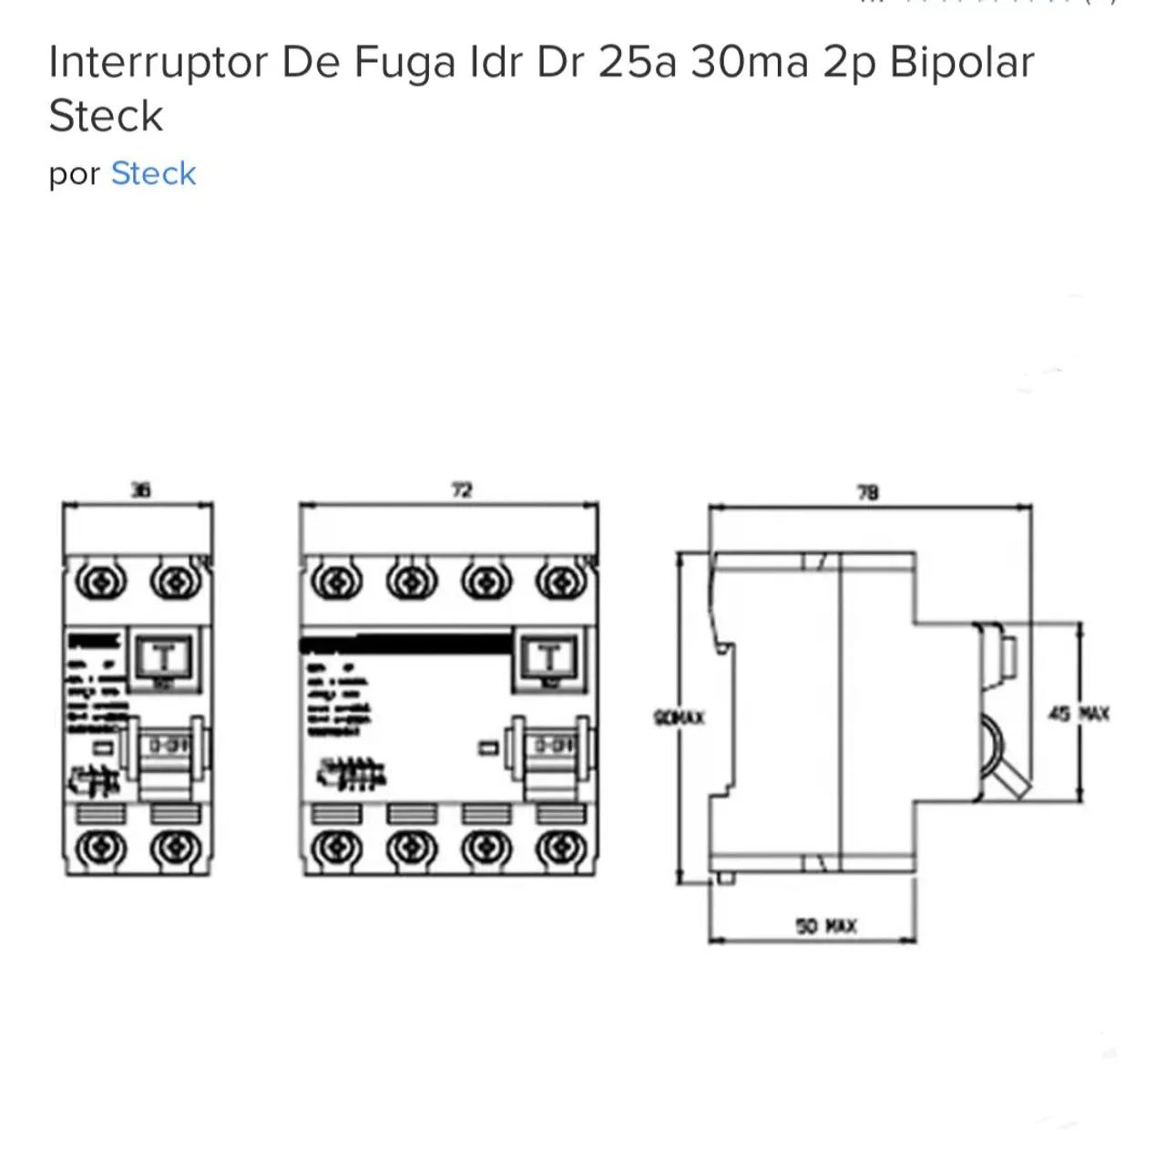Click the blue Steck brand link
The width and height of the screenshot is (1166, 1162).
(x=153, y=173)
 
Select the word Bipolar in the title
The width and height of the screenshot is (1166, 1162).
(x=962, y=62)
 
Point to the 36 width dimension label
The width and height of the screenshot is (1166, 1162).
(x=140, y=490)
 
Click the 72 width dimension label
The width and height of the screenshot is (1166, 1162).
(x=462, y=490)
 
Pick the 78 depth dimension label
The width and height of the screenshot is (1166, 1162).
(x=867, y=492)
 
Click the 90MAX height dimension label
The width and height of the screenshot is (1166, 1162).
(x=680, y=718)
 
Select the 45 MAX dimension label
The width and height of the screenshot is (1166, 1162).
(x=1079, y=714)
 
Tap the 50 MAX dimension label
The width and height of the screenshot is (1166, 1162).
(x=826, y=926)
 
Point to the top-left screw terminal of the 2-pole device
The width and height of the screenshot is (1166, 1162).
(x=100, y=581)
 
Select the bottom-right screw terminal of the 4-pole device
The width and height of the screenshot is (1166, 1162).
(x=560, y=848)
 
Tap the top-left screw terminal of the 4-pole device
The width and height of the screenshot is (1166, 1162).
(x=336, y=581)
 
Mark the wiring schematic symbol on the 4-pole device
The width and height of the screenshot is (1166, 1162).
(x=351, y=774)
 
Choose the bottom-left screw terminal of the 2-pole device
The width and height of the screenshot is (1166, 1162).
(x=100, y=848)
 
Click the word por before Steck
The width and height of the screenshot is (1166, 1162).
(x=74, y=174)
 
